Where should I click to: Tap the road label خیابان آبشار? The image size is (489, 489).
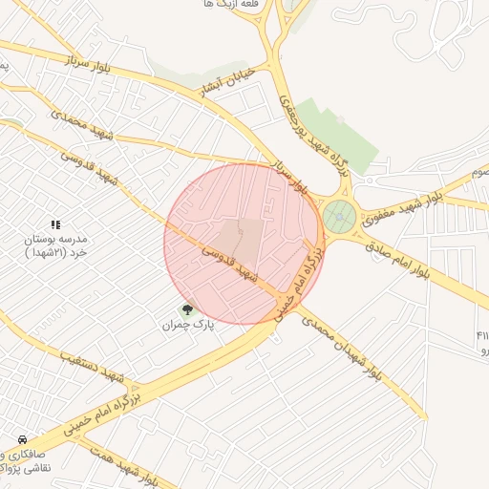[225, 81]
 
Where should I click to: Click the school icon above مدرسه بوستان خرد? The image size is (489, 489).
[54, 223]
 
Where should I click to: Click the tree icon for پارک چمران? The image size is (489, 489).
[187, 309]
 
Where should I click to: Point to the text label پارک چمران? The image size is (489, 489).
[187, 326]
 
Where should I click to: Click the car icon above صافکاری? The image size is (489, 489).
[21, 439]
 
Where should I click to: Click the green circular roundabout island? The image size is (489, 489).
[338, 218]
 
